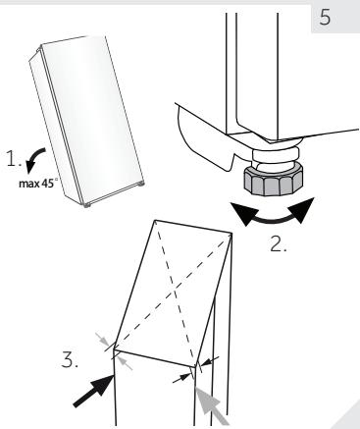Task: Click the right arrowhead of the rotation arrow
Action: (312, 203)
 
